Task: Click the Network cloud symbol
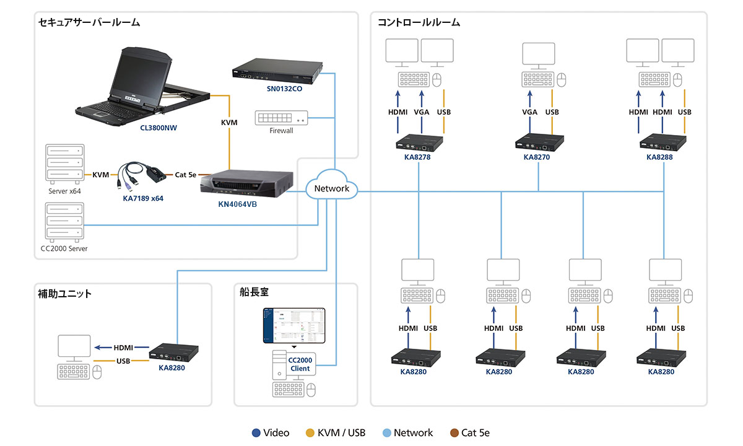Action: [332, 188]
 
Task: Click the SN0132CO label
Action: [277, 89]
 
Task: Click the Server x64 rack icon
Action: [64, 164]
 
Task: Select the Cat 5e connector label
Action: [185, 175]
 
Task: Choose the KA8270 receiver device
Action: [539, 142]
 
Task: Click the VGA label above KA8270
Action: [529, 112]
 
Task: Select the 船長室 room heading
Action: [254, 293]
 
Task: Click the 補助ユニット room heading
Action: [64, 294]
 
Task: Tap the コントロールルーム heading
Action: [419, 22]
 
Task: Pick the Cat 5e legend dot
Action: [454, 433]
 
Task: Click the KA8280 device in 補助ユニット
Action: [171, 352]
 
